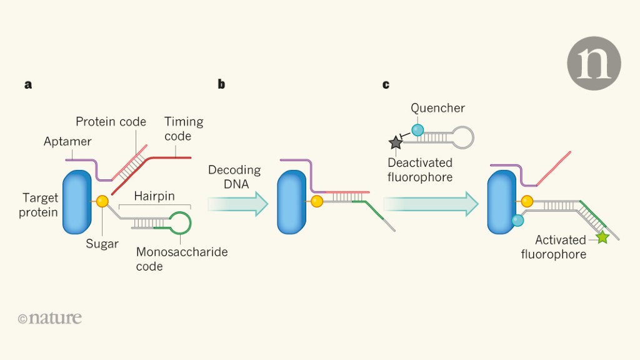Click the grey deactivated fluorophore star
[x=396, y=143]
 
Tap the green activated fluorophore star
[x=602, y=237]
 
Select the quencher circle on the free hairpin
[x=417, y=130]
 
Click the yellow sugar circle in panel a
[x=102, y=201]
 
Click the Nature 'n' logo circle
[x=594, y=63]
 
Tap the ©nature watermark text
[x=50, y=317]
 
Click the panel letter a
[x=28, y=84]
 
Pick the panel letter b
[x=221, y=84]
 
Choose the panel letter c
[x=386, y=84]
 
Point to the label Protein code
[x=111, y=121]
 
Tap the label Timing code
[x=184, y=129]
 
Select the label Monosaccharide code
[x=181, y=259]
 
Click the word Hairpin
[x=154, y=196]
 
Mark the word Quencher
[x=437, y=108]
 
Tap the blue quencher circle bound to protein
[x=517, y=220]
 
